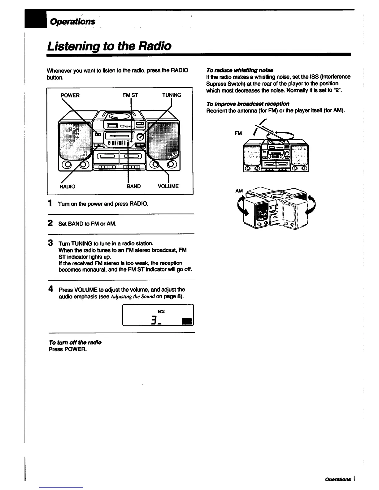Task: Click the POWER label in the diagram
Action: tap(70, 95)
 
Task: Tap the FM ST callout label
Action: tap(130, 95)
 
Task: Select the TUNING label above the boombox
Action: tap(172, 95)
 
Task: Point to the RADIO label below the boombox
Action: tap(67, 187)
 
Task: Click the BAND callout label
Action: tap(134, 186)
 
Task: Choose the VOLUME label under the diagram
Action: tap(168, 186)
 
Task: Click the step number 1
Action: tap(50, 203)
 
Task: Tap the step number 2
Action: tap(50, 223)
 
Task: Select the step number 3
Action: tap(50, 243)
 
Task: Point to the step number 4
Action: tap(50, 289)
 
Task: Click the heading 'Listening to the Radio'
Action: tap(109, 46)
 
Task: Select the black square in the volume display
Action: tap(187, 321)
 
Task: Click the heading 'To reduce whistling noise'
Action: tap(239, 70)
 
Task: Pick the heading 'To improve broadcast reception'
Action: tap(248, 104)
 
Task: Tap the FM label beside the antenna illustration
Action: tap(238, 133)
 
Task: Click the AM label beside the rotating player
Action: tap(239, 191)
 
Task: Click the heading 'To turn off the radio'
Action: tap(75, 342)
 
